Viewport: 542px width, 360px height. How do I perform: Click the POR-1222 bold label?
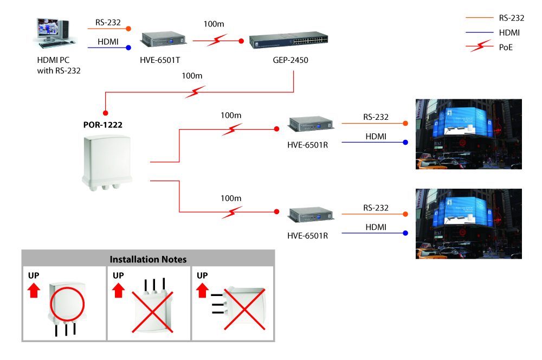pos(102,125)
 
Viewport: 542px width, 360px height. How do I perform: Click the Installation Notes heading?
pos(148,259)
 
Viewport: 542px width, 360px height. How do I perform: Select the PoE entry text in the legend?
pos(506,47)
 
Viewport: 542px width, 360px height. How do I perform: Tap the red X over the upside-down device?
pos(151,311)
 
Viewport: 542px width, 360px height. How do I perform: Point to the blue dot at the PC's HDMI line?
pos(128,48)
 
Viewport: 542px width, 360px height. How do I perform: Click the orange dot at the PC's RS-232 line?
pos(128,28)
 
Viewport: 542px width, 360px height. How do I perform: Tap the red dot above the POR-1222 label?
pos(106,113)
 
